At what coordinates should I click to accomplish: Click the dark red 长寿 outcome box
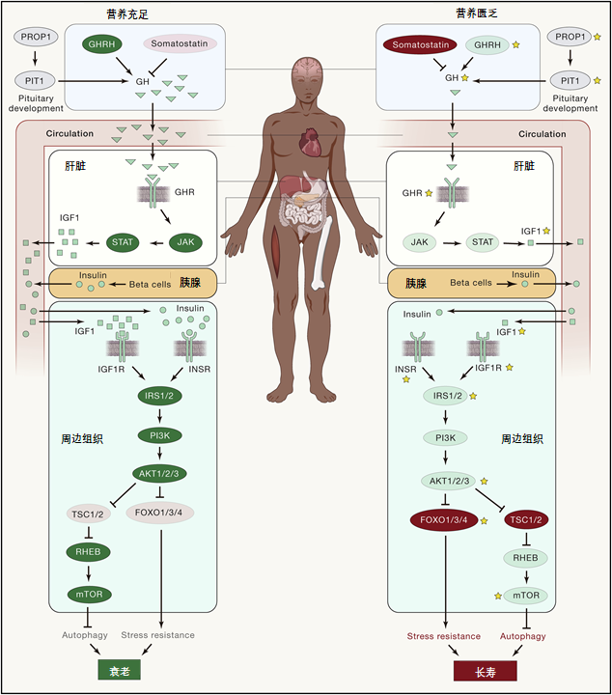pyautogui.click(x=485, y=669)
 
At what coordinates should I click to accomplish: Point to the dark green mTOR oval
pyautogui.click(x=90, y=595)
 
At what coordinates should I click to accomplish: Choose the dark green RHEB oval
pyautogui.click(x=90, y=552)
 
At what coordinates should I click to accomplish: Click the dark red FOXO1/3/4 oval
pyautogui.click(x=443, y=520)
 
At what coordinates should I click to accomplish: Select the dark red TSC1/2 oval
pyautogui.click(x=527, y=520)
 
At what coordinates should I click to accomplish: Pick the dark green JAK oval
pyautogui.click(x=186, y=241)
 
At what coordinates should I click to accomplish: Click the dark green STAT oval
pyautogui.click(x=123, y=241)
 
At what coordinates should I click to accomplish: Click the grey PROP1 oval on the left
pyautogui.click(x=36, y=36)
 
